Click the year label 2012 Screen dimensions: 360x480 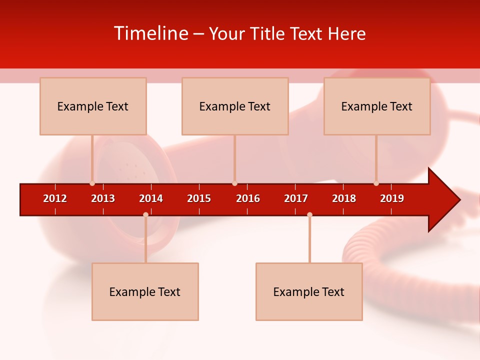coord(55,198)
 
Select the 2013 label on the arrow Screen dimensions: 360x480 coord(103,198)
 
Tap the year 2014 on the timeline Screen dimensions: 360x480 coord(151,198)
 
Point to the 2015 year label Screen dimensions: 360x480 coord(199,198)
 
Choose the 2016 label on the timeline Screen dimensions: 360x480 coord(248,198)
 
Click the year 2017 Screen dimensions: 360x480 coord(296,198)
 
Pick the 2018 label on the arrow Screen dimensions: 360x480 coord(344,198)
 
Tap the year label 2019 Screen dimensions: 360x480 coord(392,198)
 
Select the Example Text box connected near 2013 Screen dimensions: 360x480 coord(93,106)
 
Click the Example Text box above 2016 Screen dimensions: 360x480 coord(235,106)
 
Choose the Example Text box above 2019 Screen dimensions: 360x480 coord(377,106)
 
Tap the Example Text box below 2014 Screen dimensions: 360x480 coord(145,291)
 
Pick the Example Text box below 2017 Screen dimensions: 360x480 coord(309,291)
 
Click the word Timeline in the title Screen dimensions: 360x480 coord(150,33)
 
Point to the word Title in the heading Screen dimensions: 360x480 coord(269,33)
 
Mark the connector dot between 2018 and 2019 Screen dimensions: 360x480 coord(376,183)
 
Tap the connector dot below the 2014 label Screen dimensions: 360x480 coord(145,214)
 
